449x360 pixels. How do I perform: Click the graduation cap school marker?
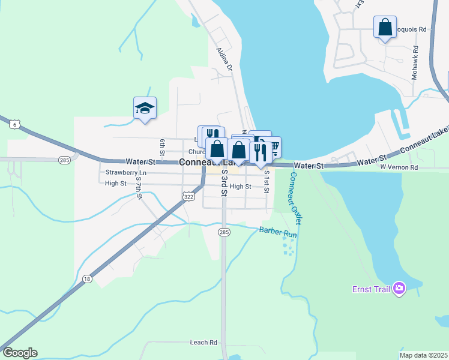[x=145, y=108]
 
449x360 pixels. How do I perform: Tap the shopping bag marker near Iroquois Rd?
[x=385, y=27]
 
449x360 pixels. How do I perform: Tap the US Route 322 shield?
[x=188, y=196]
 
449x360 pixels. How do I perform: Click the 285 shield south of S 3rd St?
[x=223, y=232]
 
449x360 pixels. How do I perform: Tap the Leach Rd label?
[x=203, y=343]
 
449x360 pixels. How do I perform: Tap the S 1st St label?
[x=265, y=181]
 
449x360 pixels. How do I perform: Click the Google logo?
[x=20, y=353]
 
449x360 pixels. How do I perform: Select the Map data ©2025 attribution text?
[x=423, y=355]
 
